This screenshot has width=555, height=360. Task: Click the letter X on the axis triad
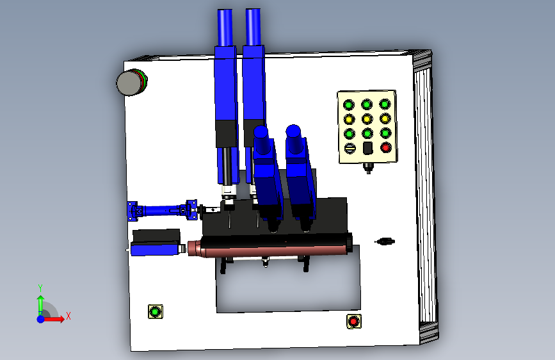pos(68,316)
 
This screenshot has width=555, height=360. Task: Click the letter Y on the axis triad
pos(40,288)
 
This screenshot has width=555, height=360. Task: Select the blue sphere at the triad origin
pos(41,319)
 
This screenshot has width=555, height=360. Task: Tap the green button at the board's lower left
pos(155,312)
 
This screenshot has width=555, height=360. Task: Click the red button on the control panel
pos(386,147)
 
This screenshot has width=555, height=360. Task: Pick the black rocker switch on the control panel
pos(367,148)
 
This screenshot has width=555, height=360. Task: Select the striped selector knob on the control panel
pos(350,148)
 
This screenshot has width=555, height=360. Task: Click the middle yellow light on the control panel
pos(367,119)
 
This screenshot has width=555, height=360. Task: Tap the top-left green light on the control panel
pos(349,105)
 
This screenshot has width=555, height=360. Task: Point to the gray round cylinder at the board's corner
pos(131,82)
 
